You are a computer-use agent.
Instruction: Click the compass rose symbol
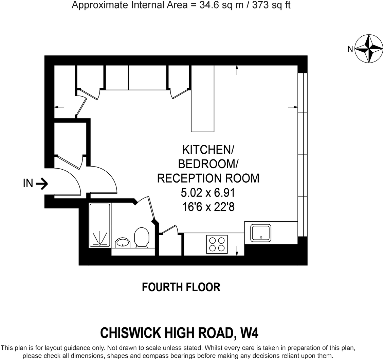coord(369,49)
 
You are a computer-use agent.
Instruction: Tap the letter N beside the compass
coord(350,49)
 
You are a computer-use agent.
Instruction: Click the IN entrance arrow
coord(41,184)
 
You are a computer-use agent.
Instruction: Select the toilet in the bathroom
coord(142,237)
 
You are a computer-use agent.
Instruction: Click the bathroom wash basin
coord(123,243)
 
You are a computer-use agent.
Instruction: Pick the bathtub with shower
coord(100,225)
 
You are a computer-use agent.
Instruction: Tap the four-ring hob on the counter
coord(217,244)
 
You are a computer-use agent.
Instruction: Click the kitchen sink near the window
coord(261,233)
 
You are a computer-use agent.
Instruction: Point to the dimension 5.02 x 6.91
coord(208,193)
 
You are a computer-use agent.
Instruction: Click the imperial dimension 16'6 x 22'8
coord(208,207)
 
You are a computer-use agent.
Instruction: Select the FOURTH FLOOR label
coord(181,287)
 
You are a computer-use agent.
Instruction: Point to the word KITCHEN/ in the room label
coord(208,150)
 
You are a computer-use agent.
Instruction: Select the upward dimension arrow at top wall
coord(237,70)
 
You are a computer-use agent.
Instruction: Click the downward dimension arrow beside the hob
coord(237,251)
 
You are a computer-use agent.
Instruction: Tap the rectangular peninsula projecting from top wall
coord(203,99)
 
